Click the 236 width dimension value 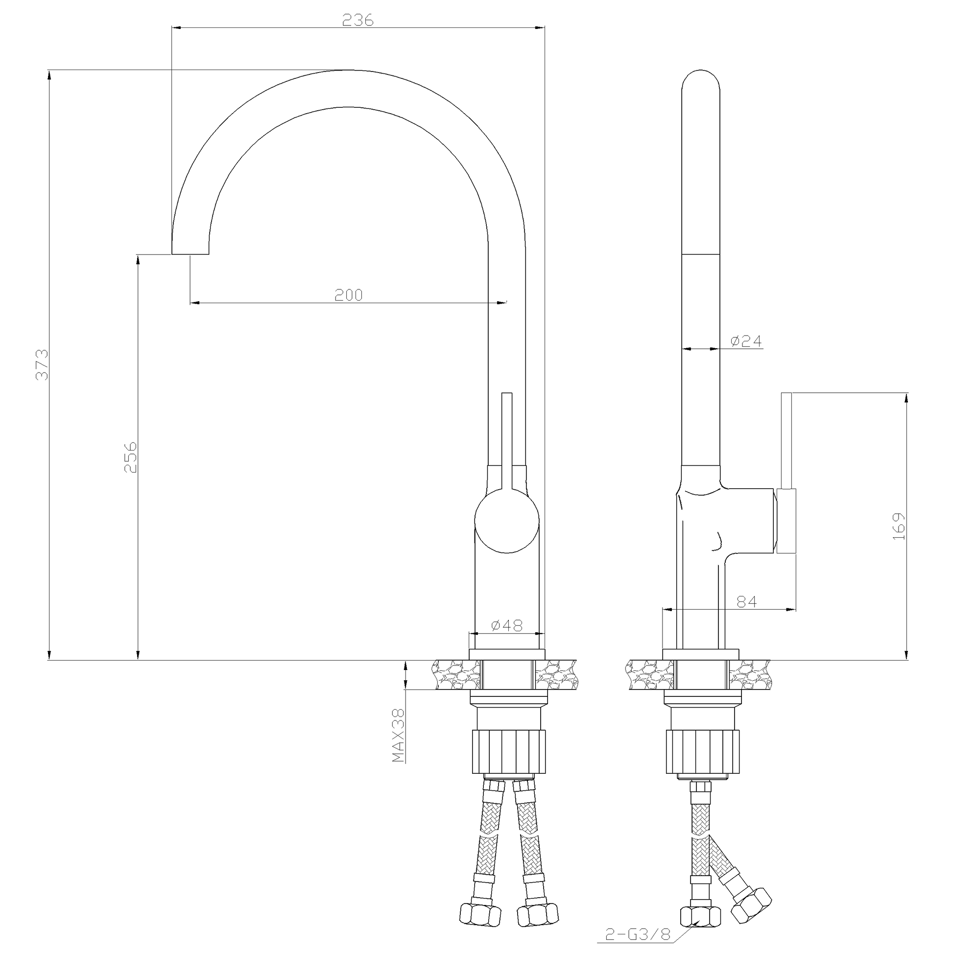point(358,20)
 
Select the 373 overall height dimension point(43,364)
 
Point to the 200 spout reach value point(349,295)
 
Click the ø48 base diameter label point(506,625)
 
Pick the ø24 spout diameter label point(746,341)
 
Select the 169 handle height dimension point(899,526)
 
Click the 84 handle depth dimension point(746,602)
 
